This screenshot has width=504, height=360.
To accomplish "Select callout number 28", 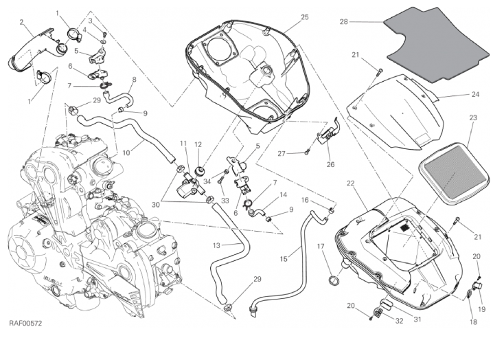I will coord(344,22).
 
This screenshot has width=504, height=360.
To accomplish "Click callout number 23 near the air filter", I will coord(473,118).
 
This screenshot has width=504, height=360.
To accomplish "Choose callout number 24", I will coord(475,94).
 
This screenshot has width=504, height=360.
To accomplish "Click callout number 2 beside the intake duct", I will coord(23,22).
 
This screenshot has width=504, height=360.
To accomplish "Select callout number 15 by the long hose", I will coord(285,260).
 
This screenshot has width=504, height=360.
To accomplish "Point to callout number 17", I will coord(320,246).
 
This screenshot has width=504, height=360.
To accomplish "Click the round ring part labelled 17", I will coord(335,280).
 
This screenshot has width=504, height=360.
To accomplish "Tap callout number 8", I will coord(135,80).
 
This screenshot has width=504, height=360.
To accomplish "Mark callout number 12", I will coord(197,144).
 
